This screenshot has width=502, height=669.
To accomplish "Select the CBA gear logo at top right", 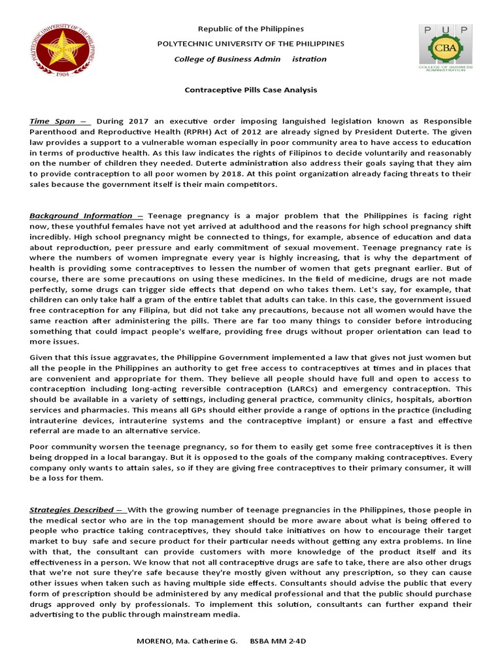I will pos(446,50).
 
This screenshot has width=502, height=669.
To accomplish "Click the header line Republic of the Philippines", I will pos(243,29).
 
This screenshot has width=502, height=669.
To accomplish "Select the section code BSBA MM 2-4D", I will pos(278,641).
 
